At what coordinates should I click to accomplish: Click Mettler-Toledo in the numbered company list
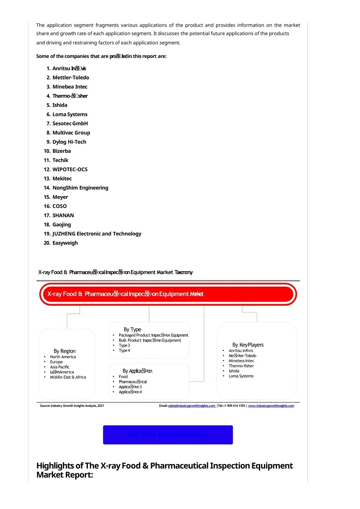(x=71, y=78)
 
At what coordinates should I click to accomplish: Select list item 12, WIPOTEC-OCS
(x=70, y=169)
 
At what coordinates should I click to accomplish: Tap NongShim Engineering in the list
(x=80, y=188)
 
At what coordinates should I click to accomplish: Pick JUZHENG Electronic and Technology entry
(x=97, y=234)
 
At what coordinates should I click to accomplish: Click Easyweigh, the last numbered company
(x=65, y=243)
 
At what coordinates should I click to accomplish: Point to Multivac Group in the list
(x=71, y=133)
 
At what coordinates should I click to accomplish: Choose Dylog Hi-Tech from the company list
(x=69, y=142)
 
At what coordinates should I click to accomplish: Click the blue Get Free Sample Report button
(x=168, y=435)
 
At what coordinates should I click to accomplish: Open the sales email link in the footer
(x=192, y=406)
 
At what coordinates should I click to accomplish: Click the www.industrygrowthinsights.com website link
(x=271, y=406)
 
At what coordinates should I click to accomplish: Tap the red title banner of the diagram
(x=168, y=294)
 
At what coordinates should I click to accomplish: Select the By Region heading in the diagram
(x=65, y=351)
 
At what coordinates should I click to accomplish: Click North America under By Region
(x=63, y=357)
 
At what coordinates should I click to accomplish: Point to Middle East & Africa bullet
(x=68, y=377)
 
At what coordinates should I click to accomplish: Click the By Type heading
(x=133, y=329)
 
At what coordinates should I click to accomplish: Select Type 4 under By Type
(x=124, y=351)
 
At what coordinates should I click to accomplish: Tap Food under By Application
(x=123, y=377)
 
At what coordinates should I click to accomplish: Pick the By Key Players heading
(x=248, y=345)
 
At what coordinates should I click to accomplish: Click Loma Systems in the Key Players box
(x=241, y=376)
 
